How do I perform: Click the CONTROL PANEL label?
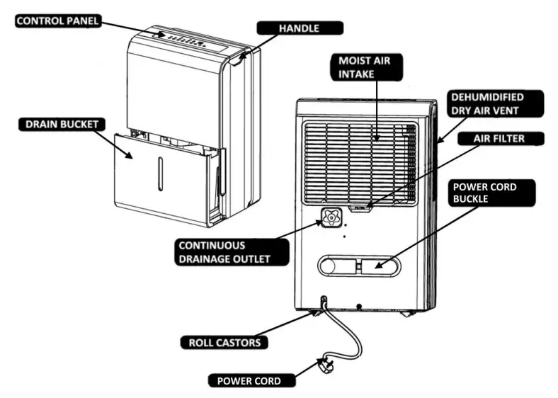(x=57, y=21)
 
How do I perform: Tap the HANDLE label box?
(x=299, y=28)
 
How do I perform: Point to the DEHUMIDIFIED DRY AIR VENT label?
(x=496, y=103)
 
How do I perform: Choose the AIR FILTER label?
(x=498, y=139)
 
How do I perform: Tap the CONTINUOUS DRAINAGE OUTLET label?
(x=232, y=252)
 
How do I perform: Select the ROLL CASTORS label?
(x=224, y=343)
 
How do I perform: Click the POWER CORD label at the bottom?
(x=248, y=380)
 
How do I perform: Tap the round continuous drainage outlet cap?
(x=329, y=217)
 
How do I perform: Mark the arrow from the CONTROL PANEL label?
(x=135, y=28)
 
